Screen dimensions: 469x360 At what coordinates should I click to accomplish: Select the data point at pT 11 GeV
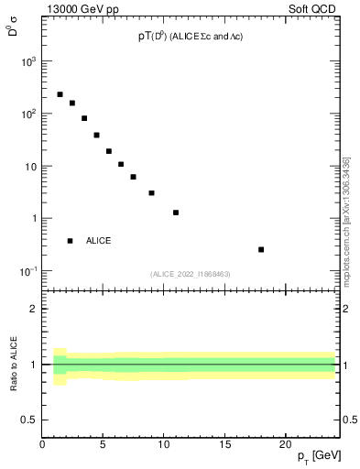coord(176,213)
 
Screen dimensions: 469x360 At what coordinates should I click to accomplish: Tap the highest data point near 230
coord(60,94)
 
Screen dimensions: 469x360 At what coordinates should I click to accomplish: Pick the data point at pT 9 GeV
coord(151,193)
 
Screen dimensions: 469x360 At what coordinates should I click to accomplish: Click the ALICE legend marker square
coord(70,241)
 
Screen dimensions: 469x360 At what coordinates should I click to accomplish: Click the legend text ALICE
coord(99,241)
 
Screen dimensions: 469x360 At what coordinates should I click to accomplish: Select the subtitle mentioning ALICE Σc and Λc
coord(190,36)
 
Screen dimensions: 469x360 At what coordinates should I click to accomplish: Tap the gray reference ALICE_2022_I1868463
coord(190,274)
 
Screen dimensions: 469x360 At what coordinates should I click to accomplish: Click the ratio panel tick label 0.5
coord(29,420)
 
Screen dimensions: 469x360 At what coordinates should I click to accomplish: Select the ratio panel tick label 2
coord(34,309)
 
